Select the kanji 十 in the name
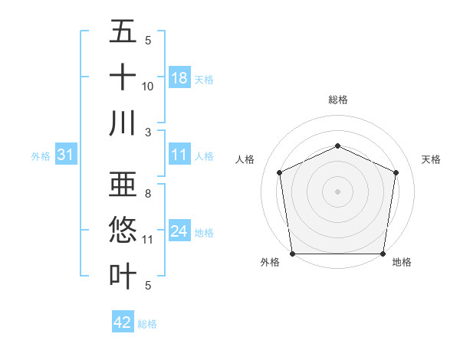pyautogui.click(x=123, y=78)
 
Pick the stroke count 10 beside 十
pyautogui.click(x=148, y=87)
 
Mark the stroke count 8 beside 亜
pyautogui.click(x=148, y=195)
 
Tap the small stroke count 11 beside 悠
pyautogui.click(x=148, y=240)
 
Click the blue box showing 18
pyautogui.click(x=179, y=78)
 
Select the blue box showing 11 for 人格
pyautogui.click(x=179, y=155)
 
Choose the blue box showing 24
pyautogui.click(x=179, y=231)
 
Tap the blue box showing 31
pyautogui.click(x=65, y=155)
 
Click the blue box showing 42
pyautogui.click(x=123, y=322)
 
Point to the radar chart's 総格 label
pyautogui.click(x=338, y=100)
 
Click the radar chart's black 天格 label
pyautogui.click(x=431, y=159)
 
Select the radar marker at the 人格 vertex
pyautogui.click(x=280, y=172)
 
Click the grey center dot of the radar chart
pyautogui.click(x=338, y=191)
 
